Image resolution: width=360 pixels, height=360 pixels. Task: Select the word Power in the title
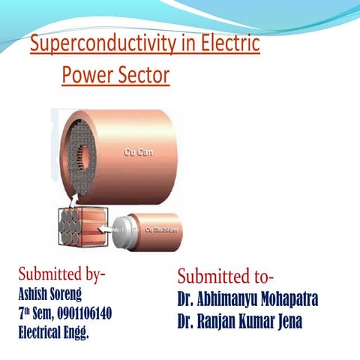click(85, 76)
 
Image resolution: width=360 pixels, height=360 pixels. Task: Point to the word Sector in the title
click(142, 76)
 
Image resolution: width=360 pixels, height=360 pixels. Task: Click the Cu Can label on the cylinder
click(137, 151)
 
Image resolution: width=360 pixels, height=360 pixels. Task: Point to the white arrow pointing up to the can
click(70, 201)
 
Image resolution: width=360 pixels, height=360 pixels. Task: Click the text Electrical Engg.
click(53, 331)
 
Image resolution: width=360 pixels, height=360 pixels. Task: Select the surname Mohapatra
click(280, 298)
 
